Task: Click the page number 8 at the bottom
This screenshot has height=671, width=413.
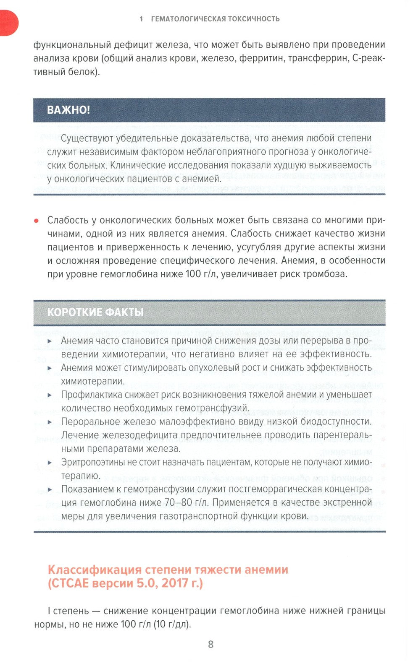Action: pos(210,645)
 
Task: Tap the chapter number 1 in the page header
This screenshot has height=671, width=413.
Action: pos(141,19)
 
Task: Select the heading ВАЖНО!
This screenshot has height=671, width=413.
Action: pos(68,110)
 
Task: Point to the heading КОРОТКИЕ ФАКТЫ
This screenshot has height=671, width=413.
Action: pos(95,312)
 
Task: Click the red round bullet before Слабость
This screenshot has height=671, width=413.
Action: pos(37,221)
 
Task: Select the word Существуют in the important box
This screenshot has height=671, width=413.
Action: pos(87,138)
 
